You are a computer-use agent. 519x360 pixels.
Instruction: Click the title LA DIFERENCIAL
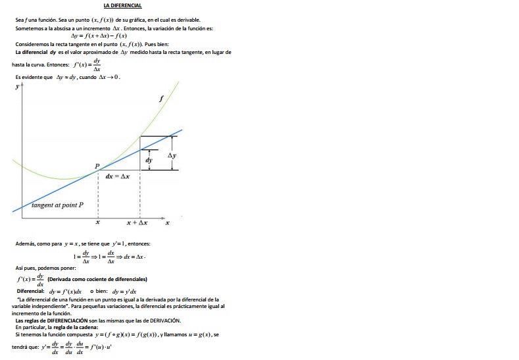click(x=122, y=6)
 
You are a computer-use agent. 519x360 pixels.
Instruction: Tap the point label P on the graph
click(x=97, y=166)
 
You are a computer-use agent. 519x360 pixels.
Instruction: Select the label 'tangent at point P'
click(x=58, y=205)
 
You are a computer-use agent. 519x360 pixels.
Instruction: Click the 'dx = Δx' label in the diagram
click(x=117, y=176)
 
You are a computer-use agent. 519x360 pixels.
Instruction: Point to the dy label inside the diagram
click(x=149, y=160)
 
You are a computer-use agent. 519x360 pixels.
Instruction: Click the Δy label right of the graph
click(x=172, y=155)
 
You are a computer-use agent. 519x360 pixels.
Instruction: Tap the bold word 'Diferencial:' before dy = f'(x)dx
click(x=30, y=291)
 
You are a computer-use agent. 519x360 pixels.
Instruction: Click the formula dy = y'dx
click(x=124, y=291)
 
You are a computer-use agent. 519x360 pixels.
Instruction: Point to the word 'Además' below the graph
click(x=26, y=244)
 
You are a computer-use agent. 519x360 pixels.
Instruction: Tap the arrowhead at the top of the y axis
click(x=22, y=87)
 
